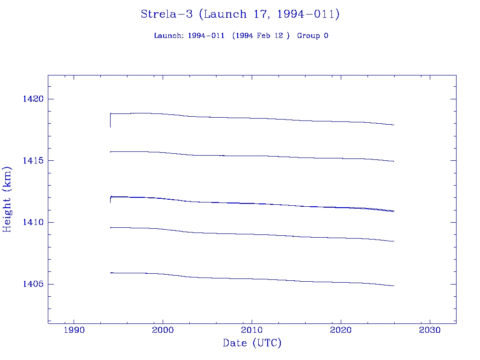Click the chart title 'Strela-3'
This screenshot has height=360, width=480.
167,14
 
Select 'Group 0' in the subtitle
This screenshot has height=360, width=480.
313,36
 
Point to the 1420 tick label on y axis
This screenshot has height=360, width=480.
33,99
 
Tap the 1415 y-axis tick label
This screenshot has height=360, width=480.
33,161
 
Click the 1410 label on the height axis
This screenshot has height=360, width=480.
33,222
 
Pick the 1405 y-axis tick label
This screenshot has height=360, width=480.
33,284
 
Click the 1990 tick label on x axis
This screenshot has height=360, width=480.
74,330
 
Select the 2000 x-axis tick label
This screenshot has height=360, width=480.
163,330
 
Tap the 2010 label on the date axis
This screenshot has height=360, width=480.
252,330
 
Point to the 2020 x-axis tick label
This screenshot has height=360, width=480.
341,330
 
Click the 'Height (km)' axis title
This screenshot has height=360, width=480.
7,199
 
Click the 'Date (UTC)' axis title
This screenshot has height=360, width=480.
252,344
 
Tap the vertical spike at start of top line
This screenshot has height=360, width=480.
110,121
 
